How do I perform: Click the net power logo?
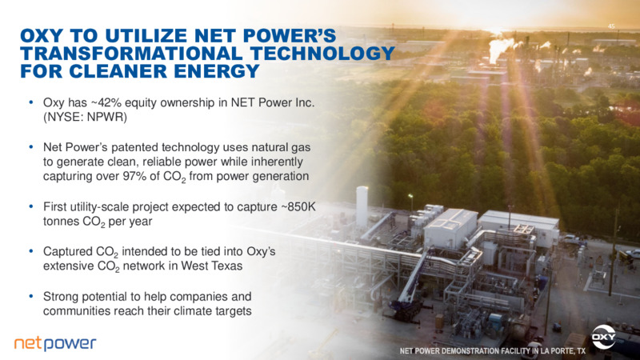click(55, 343)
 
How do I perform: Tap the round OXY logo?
click(604, 337)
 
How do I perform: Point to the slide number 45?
click(611, 26)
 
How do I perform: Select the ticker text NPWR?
click(106, 117)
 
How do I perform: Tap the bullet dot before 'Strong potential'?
click(31, 296)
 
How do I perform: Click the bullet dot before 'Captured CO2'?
click(31, 251)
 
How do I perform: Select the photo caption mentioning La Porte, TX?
click(493, 351)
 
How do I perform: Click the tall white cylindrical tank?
click(362, 207)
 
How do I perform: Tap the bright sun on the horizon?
click(496, 31)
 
